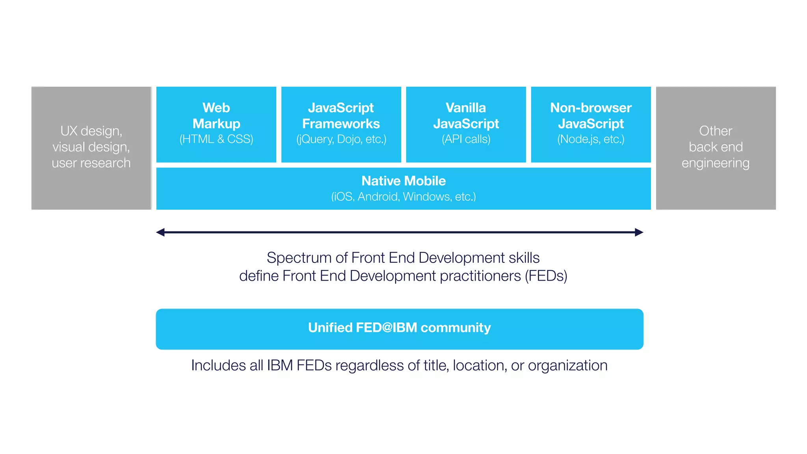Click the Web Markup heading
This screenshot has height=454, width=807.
click(x=216, y=115)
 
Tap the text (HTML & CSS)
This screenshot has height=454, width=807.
click(x=216, y=139)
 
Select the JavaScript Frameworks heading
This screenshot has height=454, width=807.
click(x=341, y=115)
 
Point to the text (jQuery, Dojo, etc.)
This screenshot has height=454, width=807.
click(x=341, y=139)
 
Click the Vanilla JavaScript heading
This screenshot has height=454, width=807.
click(x=466, y=115)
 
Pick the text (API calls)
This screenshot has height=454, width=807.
click(x=466, y=139)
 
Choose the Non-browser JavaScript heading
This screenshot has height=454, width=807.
click(x=591, y=115)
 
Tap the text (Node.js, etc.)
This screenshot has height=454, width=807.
click(x=591, y=139)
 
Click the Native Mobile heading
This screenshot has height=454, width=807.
click(x=403, y=181)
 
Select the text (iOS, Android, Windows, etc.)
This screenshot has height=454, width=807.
click(x=403, y=196)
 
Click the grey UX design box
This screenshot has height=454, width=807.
click(x=91, y=148)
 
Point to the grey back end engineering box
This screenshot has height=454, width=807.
click(x=716, y=148)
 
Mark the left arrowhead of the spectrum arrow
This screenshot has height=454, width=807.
click(x=160, y=233)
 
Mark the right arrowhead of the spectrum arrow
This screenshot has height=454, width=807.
click(x=639, y=233)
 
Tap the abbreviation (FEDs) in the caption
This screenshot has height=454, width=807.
click(x=546, y=276)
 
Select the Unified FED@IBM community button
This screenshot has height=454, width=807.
click(x=400, y=329)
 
